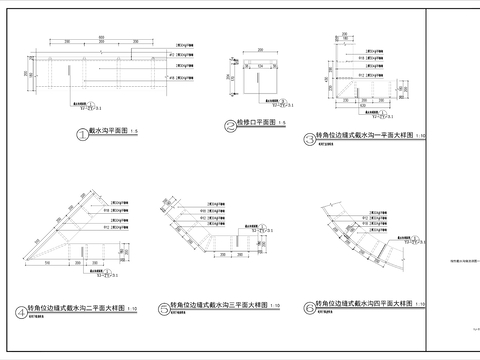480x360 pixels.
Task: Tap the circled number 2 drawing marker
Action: [x=229, y=126]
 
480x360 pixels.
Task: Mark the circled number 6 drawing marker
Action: [x=309, y=308]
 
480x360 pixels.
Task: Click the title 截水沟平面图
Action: [x=107, y=131]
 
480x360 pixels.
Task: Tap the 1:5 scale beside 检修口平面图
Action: [x=282, y=123]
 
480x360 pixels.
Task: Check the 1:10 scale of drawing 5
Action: [x=274, y=305]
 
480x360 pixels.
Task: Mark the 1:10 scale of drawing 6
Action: [x=418, y=303]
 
